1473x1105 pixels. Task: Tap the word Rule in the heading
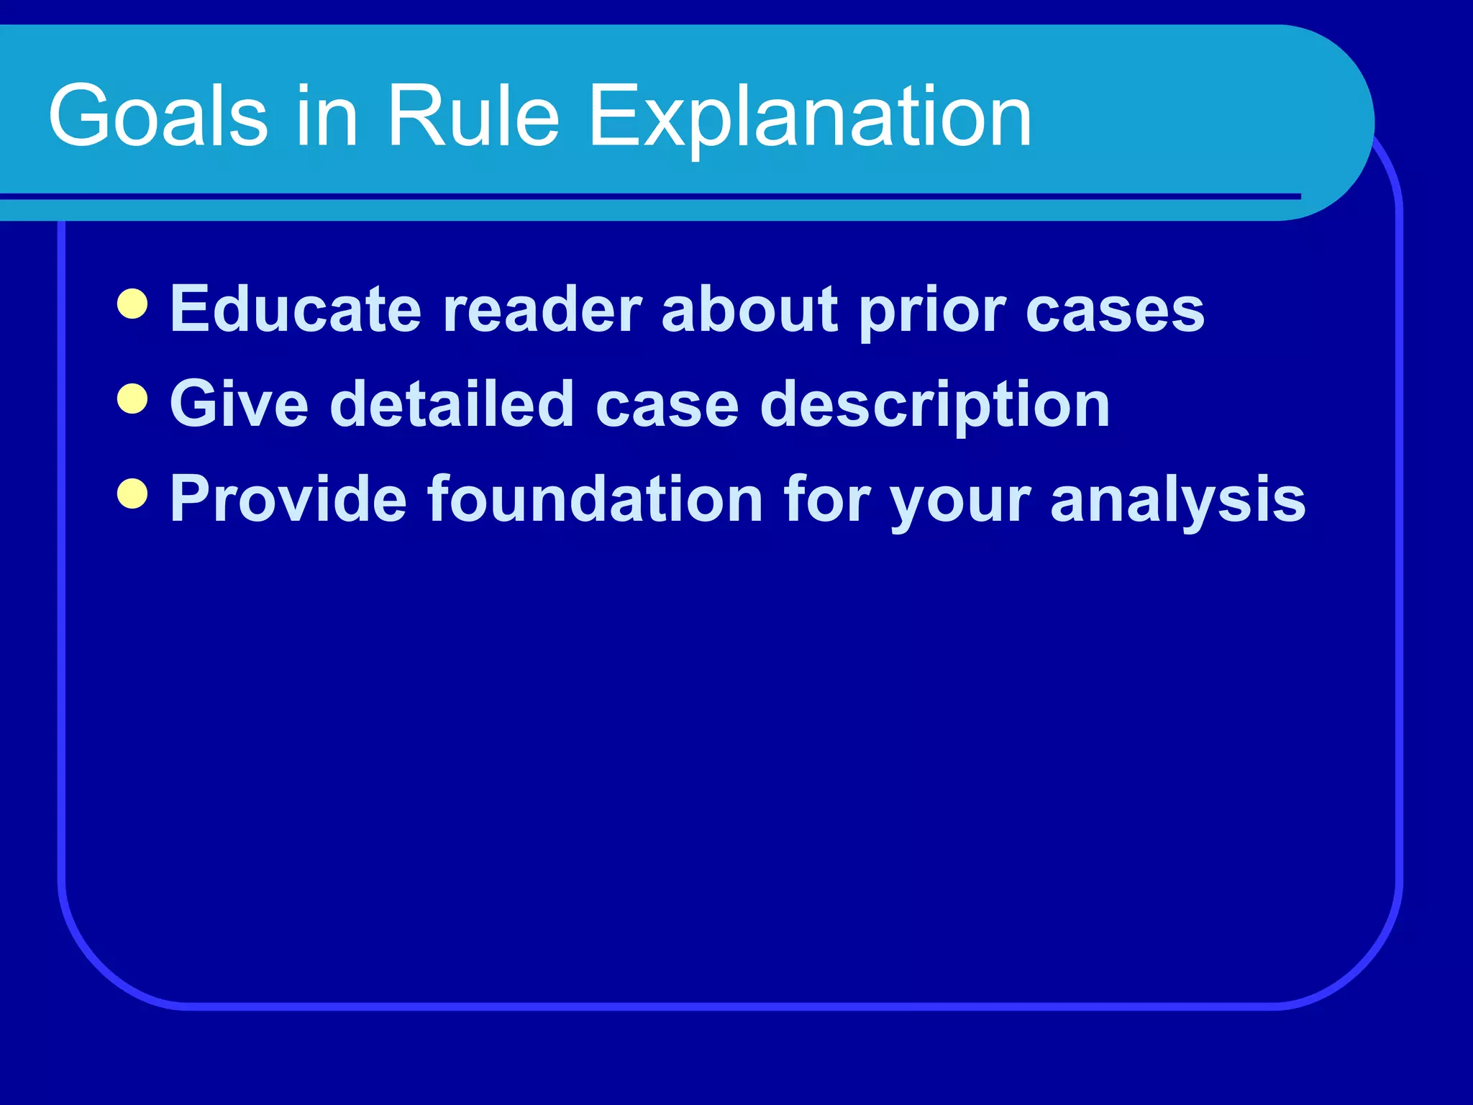[473, 115]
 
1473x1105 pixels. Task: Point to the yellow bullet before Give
[132, 399]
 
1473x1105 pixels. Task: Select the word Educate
[296, 309]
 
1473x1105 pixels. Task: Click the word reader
[542, 309]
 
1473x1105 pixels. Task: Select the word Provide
[288, 499]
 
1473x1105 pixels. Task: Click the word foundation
[595, 499]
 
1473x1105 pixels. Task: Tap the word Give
[240, 404]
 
